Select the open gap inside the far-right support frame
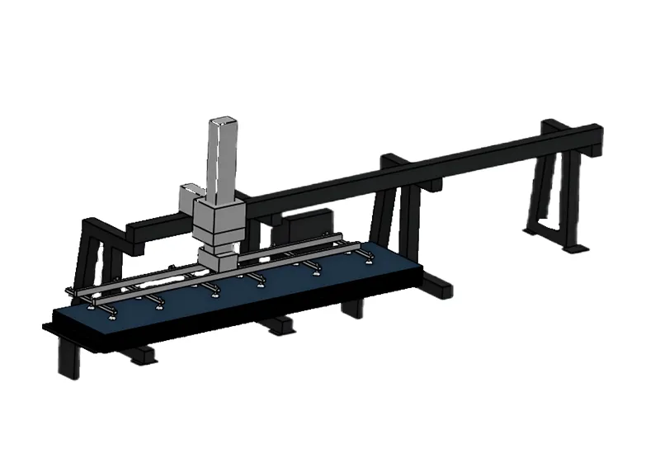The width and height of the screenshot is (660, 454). [548, 198]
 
